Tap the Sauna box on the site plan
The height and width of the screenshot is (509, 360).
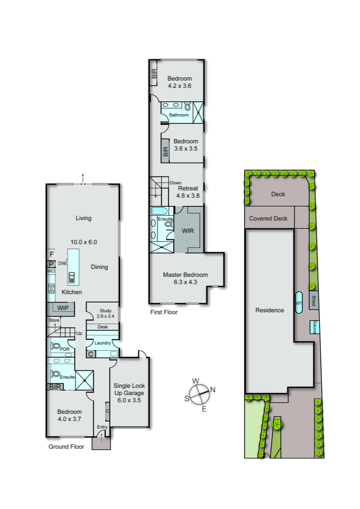point(315,327)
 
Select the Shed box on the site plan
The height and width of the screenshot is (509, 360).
point(314,300)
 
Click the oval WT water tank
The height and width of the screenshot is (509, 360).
point(299,303)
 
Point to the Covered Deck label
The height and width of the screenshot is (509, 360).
point(268,219)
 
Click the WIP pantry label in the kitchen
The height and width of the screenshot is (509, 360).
point(63,308)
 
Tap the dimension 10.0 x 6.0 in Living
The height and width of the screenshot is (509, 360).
point(84,242)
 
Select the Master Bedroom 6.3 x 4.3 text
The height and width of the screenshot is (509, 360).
point(185,278)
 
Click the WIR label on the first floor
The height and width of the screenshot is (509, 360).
point(188,231)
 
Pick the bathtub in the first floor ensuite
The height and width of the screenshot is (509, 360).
point(159,211)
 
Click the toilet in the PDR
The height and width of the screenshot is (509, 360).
point(56,346)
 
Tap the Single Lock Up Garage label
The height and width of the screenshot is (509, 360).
point(129,393)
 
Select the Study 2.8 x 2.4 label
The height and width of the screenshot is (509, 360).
point(105,313)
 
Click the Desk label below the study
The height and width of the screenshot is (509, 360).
point(103,327)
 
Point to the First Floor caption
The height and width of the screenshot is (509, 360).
point(164,312)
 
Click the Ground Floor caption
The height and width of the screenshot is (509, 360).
point(66,447)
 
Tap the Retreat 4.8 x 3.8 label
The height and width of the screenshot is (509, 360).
point(188,192)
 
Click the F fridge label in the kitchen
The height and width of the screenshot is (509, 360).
point(52,254)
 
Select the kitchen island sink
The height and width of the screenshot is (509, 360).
point(72,278)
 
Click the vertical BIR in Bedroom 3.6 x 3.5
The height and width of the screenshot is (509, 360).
point(165,151)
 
